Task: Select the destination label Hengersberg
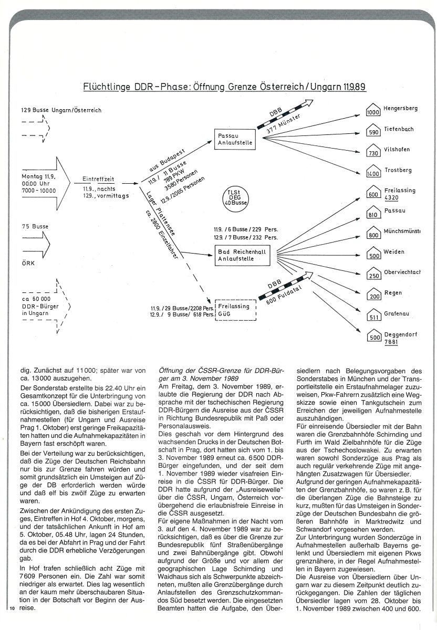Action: (400, 108)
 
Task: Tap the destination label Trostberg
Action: (398, 170)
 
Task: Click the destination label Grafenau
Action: (397, 313)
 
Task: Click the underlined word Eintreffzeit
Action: (97, 178)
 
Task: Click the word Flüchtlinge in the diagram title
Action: (107, 86)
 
